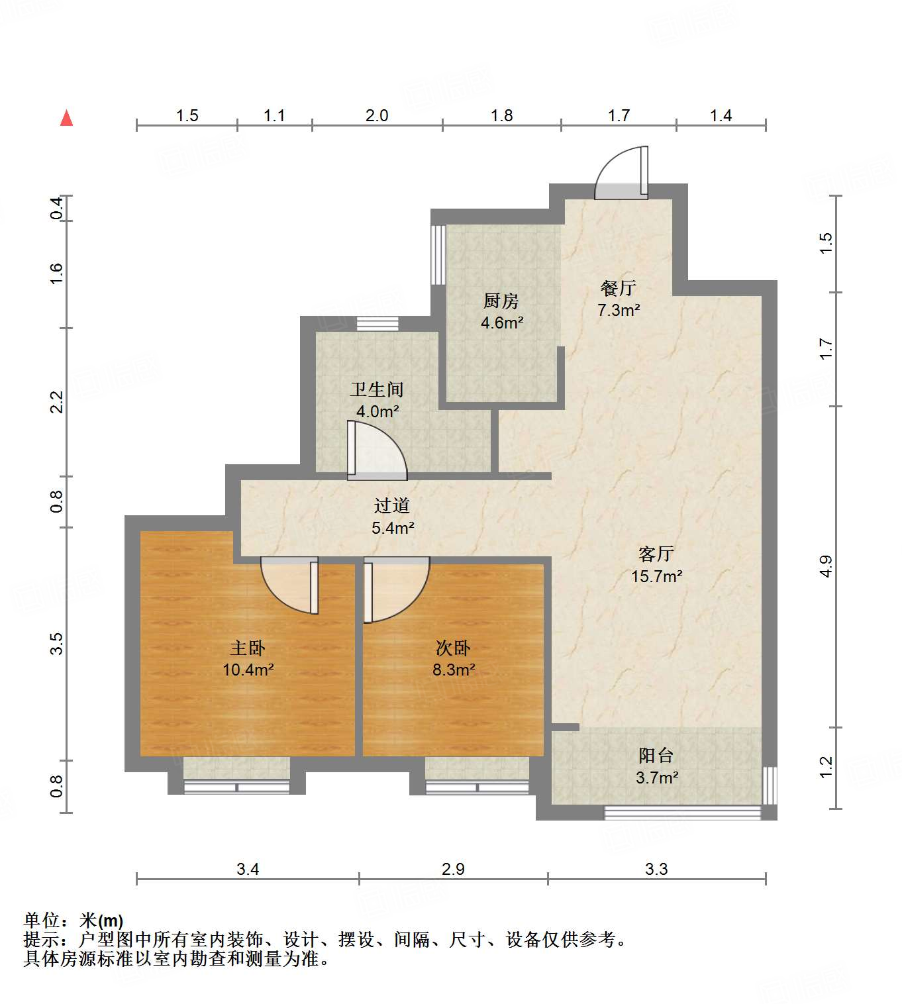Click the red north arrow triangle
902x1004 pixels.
pyautogui.click(x=66, y=119)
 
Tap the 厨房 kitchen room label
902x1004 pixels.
pyautogui.click(x=501, y=301)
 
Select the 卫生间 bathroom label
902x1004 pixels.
pyautogui.click(x=376, y=389)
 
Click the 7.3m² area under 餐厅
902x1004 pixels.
pyautogui.click(x=619, y=310)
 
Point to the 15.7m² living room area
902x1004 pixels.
pyautogui.click(x=656, y=577)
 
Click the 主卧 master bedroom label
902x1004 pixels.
pyautogui.click(x=248, y=648)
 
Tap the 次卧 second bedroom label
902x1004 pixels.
pyautogui.click(x=453, y=648)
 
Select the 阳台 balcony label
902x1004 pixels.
pyautogui.click(x=656, y=756)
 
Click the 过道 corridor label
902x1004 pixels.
pyautogui.click(x=392, y=506)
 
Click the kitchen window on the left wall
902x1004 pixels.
pyautogui.click(x=438, y=255)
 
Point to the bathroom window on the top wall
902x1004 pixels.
pyautogui.click(x=377, y=324)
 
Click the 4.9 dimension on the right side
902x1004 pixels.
pyautogui.click(x=825, y=566)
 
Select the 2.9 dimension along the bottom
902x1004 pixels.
pyautogui.click(x=453, y=869)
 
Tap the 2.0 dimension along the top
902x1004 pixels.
pyautogui.click(x=376, y=116)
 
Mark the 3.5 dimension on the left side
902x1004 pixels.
pyautogui.click(x=57, y=644)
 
